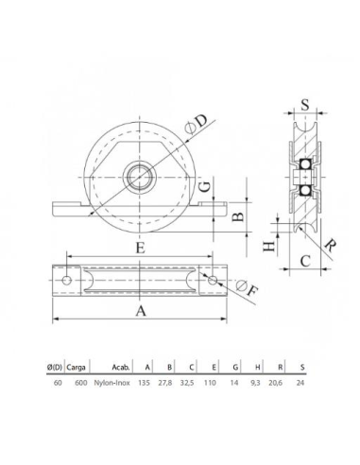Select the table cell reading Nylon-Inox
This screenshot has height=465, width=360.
pos(112,384)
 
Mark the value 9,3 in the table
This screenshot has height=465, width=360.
pos(255,384)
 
